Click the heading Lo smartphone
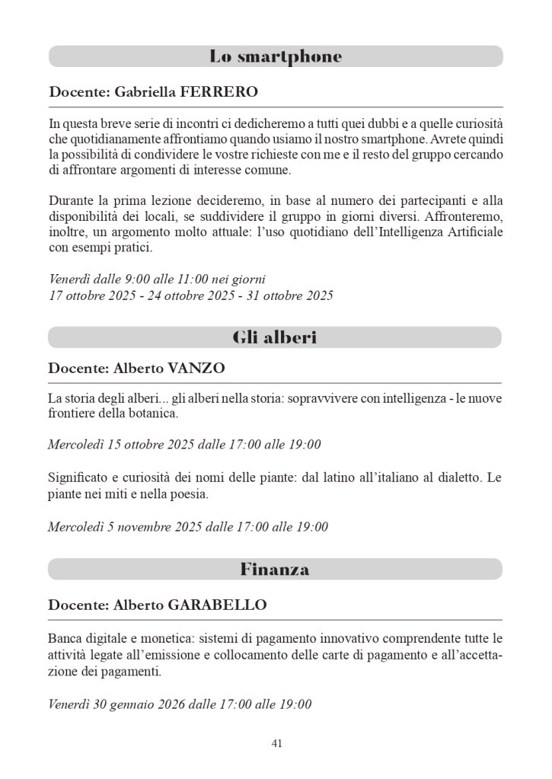click(276, 56)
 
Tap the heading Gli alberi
click(275, 337)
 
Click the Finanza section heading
click(275, 569)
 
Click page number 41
click(276, 743)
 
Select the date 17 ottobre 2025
click(88, 295)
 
